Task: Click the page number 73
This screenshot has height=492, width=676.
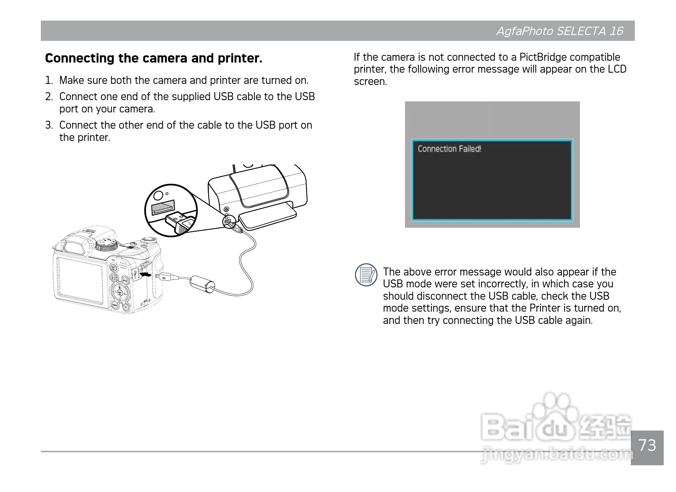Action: (x=647, y=445)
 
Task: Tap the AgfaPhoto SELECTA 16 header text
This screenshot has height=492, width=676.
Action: (x=560, y=31)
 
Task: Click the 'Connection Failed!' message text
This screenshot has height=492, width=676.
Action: (x=449, y=149)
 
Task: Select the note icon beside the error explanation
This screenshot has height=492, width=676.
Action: (x=366, y=275)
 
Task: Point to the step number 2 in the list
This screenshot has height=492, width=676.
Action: (x=49, y=97)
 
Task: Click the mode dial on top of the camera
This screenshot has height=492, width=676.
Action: (x=107, y=246)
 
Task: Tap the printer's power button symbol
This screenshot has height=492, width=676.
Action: (x=226, y=209)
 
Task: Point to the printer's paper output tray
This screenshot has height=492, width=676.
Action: (x=267, y=217)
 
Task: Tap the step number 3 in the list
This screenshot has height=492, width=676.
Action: (x=49, y=125)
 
